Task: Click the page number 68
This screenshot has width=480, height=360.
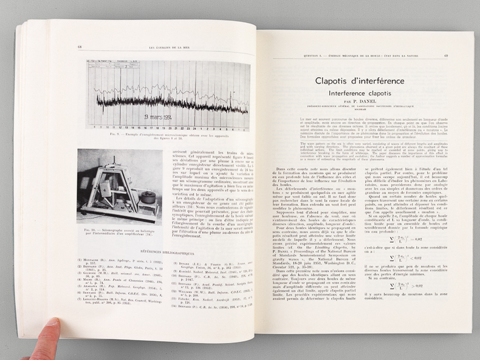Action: [x=80, y=47]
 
